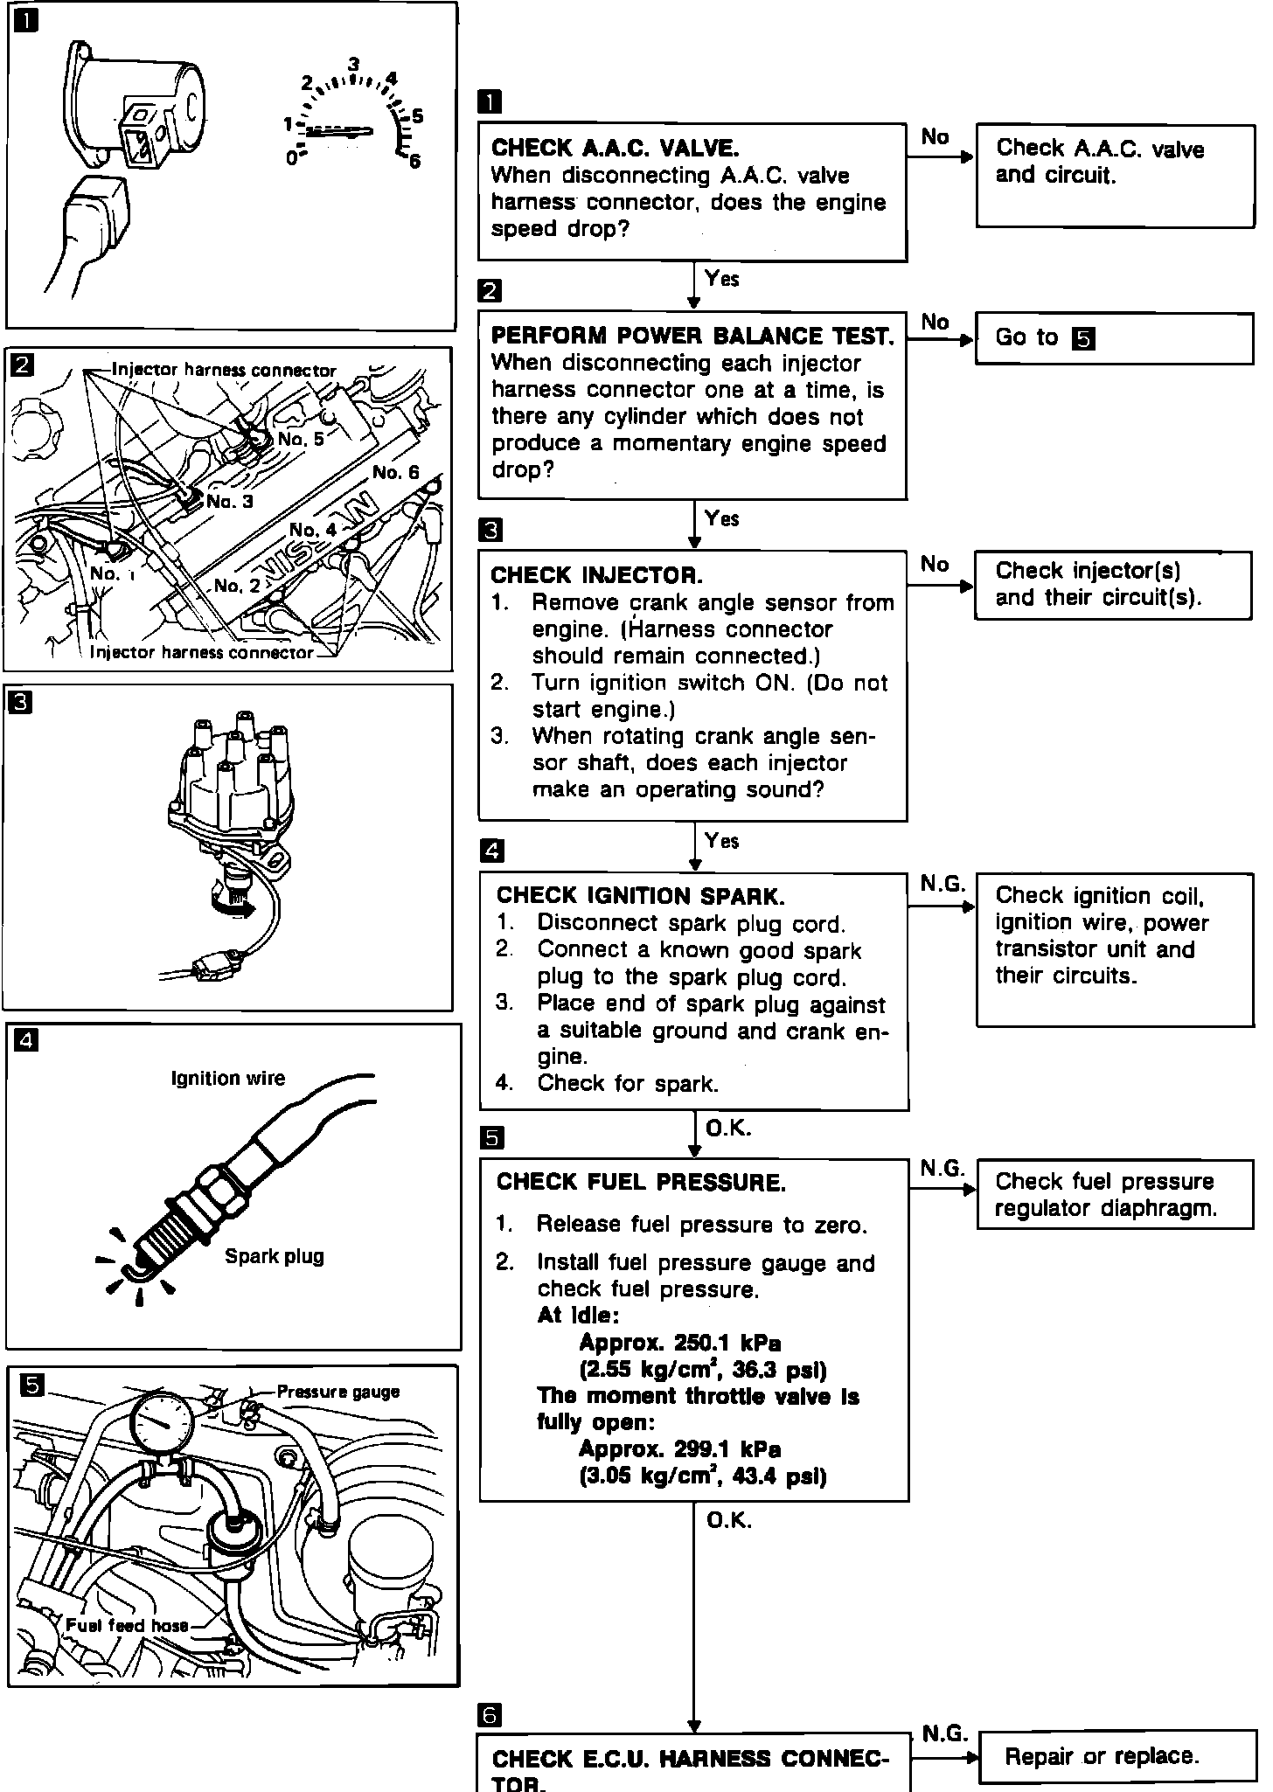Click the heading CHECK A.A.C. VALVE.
point(615,147)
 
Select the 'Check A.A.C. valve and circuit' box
point(1114,176)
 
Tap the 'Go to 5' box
point(1114,338)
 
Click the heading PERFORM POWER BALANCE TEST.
point(692,337)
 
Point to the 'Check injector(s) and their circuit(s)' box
point(1112,585)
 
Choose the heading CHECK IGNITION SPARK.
point(640,896)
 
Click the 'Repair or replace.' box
point(1116,1756)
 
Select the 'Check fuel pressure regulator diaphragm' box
point(1114,1194)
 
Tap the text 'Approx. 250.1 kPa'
point(679,1343)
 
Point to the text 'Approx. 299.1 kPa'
point(679,1449)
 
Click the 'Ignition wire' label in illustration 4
point(227,1079)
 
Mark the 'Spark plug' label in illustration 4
point(274,1256)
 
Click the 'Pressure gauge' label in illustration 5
point(337,1392)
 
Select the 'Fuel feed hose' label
point(127,1625)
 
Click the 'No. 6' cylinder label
point(395,473)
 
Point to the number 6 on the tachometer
point(414,161)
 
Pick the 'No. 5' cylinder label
point(300,439)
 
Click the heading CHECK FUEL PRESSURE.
point(640,1183)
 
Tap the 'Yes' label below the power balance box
point(721,518)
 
